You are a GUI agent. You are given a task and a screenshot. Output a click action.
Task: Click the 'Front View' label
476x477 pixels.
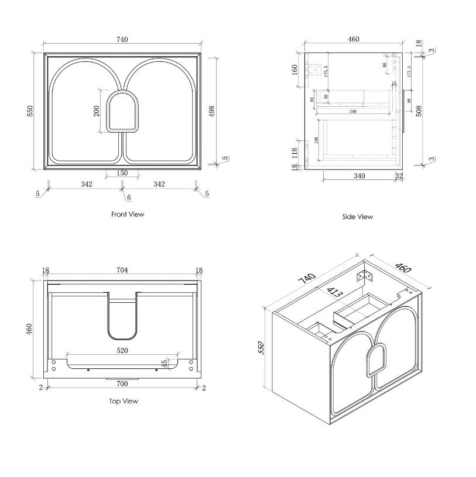128,215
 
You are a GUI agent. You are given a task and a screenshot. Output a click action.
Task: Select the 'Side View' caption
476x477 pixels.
357,217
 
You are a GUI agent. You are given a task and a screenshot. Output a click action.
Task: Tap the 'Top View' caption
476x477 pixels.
124,401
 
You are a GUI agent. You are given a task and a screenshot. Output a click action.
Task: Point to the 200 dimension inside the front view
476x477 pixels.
97,110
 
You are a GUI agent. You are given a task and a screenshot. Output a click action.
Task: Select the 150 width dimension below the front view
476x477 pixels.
122,173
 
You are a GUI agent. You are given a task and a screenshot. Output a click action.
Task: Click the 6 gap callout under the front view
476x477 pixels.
128,198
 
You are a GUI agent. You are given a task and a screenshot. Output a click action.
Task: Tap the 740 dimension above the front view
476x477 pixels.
122,40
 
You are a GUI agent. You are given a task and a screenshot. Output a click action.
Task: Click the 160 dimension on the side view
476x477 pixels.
295,69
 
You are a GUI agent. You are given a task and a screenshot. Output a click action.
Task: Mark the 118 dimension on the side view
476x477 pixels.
295,153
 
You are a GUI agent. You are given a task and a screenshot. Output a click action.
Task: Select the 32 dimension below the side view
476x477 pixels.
399,175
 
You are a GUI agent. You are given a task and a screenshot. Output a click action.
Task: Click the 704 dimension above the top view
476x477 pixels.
122,270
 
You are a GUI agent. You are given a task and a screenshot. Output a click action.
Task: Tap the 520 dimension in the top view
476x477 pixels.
122,350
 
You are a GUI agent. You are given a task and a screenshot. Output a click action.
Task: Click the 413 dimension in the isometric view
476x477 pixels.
335,290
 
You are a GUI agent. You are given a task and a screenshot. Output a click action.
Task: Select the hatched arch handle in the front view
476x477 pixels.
122,111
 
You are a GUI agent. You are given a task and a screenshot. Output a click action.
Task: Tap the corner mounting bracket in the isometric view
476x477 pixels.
367,275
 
